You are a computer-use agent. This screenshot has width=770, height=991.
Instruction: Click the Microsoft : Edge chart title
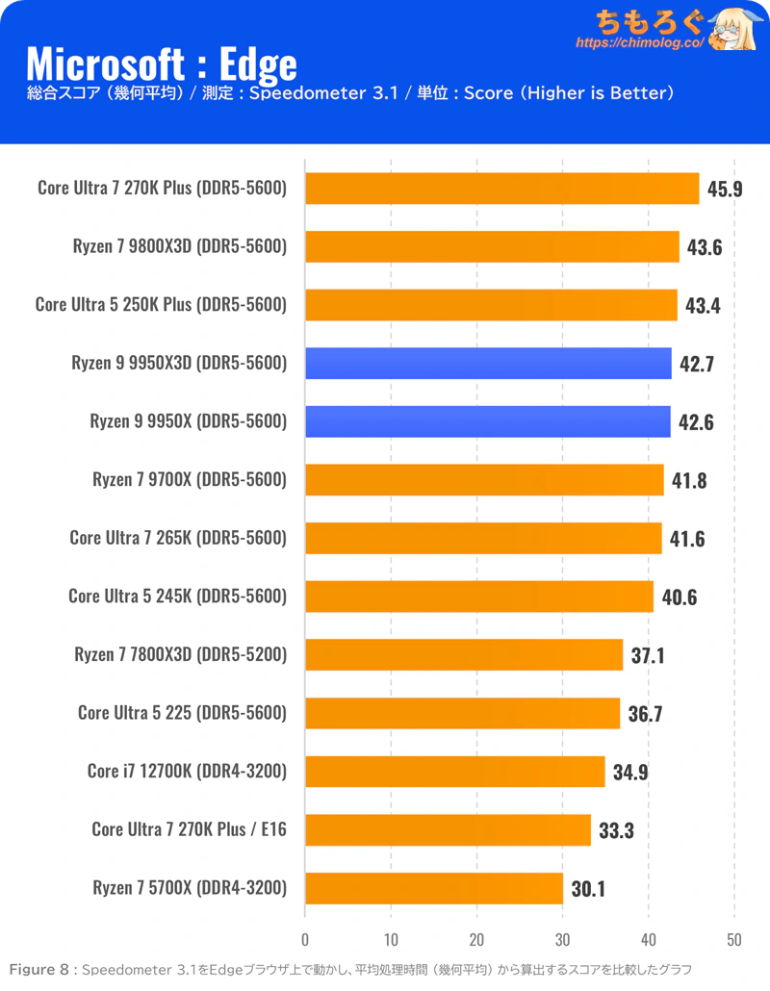tap(161, 64)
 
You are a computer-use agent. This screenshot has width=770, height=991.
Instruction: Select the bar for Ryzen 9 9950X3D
tap(488, 364)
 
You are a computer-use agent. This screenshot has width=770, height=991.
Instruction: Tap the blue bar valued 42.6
tap(487, 421)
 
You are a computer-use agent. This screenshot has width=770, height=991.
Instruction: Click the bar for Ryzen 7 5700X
tap(434, 889)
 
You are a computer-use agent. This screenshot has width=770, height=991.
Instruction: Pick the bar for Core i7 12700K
tap(454, 772)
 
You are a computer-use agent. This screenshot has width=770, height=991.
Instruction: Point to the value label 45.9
tap(725, 189)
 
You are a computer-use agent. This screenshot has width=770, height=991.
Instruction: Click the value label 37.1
tap(648, 655)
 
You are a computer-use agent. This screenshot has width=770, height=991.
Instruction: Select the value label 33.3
tap(616, 830)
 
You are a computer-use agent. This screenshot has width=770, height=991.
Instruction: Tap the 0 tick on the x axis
tap(305, 940)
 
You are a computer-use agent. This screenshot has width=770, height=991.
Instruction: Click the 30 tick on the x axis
tap(563, 940)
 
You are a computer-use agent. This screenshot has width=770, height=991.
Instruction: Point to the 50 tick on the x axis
tap(734, 940)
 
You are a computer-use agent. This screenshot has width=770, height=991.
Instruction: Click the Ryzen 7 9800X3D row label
tap(180, 246)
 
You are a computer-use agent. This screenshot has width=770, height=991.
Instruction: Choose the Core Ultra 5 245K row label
tap(178, 596)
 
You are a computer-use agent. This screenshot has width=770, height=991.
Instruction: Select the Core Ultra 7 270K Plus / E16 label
tap(189, 829)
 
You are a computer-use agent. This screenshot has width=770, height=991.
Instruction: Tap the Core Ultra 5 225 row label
tap(182, 713)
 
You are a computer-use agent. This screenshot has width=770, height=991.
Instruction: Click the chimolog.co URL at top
tap(639, 43)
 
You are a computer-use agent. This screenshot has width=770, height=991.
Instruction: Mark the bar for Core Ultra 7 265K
tap(483, 539)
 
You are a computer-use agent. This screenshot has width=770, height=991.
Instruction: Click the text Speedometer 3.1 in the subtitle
tap(323, 93)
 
